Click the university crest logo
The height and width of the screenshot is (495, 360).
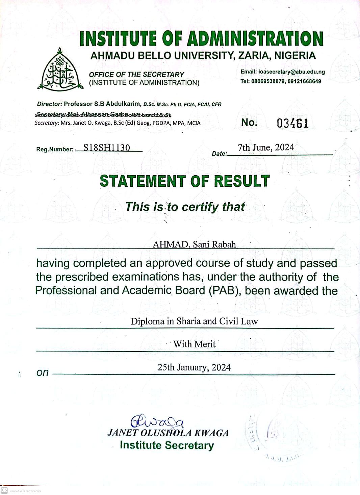tap(60, 70)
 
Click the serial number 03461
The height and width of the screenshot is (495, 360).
tap(292, 123)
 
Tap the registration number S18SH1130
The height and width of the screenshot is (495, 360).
tap(106, 148)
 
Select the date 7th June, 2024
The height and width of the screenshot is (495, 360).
tap(266, 148)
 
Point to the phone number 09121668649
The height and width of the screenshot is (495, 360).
tap(304, 81)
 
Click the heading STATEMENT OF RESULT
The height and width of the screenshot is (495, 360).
tap(185, 181)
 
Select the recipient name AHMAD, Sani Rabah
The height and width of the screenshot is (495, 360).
tap(194, 244)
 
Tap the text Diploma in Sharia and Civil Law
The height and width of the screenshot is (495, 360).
tap(194, 321)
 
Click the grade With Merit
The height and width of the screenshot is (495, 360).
tap(194, 344)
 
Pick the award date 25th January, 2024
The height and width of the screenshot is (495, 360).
tap(194, 367)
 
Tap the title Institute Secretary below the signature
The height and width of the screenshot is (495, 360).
tap(167, 445)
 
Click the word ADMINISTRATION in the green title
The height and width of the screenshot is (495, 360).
tap(255, 38)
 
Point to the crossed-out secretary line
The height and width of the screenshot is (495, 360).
tap(103, 114)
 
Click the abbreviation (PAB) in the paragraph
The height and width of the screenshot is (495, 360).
tap(224, 291)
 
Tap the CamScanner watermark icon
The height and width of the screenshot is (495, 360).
tap(4, 490)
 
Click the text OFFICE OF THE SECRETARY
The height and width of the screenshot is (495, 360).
tap(136, 75)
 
